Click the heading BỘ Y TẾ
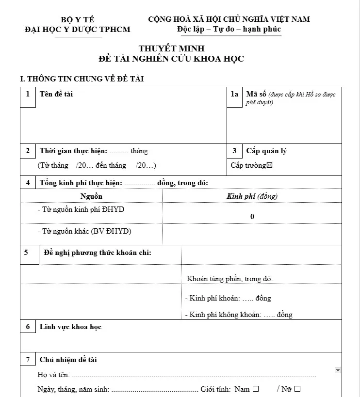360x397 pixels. (78, 19)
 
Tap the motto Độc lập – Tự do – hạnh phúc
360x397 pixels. (229, 29)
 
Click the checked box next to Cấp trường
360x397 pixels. (270, 165)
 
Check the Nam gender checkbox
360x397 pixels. (256, 389)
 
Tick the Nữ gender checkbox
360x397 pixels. (297, 389)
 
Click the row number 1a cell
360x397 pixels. (235, 95)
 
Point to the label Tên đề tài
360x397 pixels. (56, 94)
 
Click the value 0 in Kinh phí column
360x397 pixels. (252, 217)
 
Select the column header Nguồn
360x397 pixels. (91, 196)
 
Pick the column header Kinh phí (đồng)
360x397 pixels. (252, 196)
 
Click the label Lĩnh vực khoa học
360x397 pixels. (70, 327)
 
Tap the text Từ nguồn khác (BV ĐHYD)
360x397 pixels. (84, 231)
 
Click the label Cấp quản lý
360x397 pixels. (266, 151)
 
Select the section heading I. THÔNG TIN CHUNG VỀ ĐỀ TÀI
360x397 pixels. (82, 79)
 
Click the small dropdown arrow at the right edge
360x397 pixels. (338, 370)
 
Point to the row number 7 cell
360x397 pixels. (28, 360)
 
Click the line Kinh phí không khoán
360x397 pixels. (239, 315)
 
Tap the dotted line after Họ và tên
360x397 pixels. (194, 375)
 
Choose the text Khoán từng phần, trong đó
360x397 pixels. (230, 279)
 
